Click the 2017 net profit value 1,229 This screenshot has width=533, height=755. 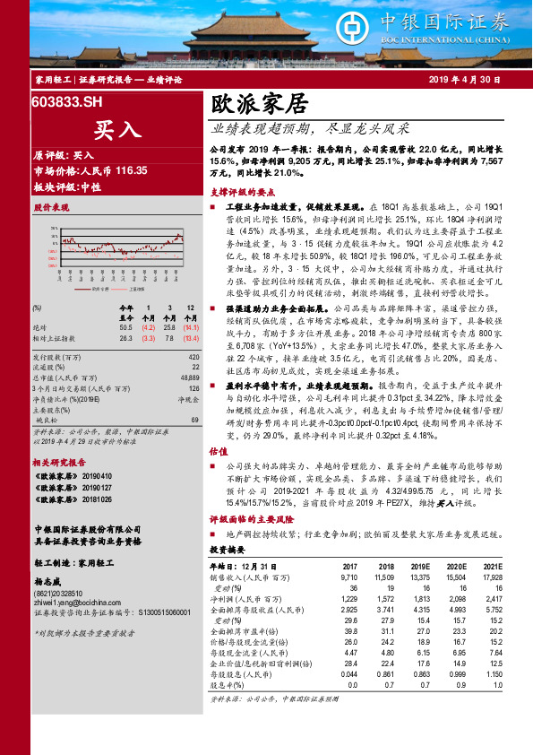point(346,596)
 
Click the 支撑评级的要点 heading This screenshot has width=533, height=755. point(242,192)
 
